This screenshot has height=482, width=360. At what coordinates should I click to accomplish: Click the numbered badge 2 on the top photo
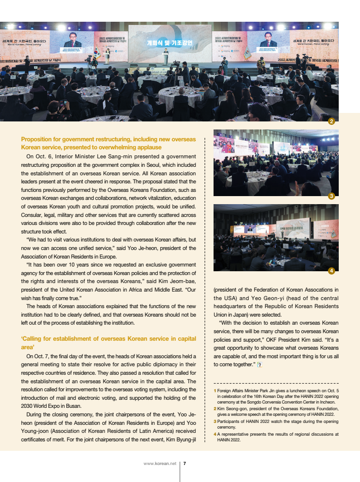coord(332,121)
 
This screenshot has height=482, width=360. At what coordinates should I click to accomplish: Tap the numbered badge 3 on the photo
coord(332,196)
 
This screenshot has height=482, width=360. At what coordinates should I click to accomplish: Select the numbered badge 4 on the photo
coord(332,270)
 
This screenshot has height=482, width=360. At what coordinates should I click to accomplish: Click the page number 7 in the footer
coord(185,464)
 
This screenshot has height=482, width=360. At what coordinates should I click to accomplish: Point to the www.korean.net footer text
coord(160,464)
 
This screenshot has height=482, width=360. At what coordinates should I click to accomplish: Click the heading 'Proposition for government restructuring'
coord(108,139)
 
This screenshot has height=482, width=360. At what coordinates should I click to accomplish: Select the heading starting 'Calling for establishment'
coord(108,338)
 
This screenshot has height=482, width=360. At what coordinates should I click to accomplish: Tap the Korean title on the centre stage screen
coord(169,43)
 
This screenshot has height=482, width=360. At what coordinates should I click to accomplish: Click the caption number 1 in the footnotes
coord(214,391)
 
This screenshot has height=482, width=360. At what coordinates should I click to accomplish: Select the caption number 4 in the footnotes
coord(214,434)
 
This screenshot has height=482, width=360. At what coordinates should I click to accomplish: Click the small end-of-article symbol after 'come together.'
coord(259,364)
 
